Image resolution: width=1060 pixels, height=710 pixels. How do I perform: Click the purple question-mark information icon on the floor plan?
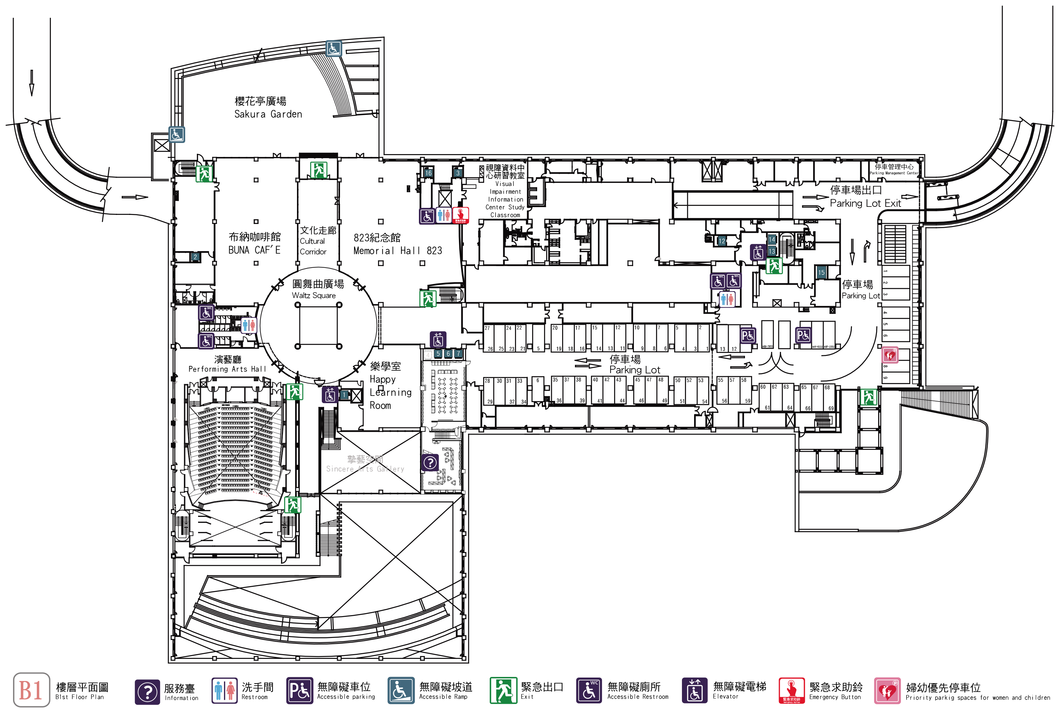(430, 462)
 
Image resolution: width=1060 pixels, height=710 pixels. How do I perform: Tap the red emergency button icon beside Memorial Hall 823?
(460, 215)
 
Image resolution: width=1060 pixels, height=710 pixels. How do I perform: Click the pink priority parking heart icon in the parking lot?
(889, 355)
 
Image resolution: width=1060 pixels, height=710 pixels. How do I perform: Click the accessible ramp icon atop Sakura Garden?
(333, 47)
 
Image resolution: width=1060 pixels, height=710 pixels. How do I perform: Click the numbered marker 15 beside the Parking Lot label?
(821, 272)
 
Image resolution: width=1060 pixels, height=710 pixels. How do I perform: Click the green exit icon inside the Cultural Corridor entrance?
(318, 170)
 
